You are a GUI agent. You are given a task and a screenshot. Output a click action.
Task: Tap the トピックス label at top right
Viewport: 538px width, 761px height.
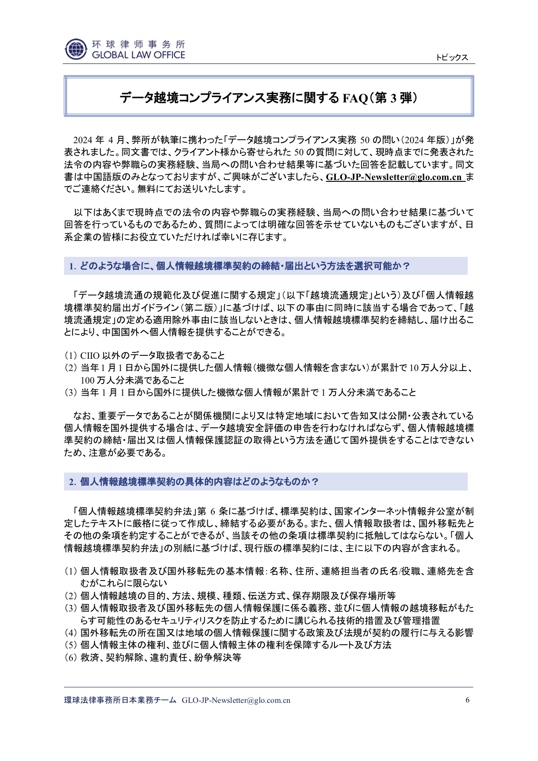click(452, 57)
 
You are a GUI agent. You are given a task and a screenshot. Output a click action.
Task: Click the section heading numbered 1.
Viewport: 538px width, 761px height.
click(239, 266)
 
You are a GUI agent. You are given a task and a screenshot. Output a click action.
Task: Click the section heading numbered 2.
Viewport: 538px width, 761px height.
click(194, 482)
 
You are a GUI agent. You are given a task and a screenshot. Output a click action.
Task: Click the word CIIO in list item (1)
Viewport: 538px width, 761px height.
click(90, 356)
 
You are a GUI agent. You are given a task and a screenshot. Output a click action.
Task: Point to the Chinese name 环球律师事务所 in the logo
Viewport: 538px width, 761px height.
click(138, 44)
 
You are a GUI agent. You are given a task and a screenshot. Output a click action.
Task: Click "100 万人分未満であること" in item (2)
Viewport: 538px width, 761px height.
click(132, 380)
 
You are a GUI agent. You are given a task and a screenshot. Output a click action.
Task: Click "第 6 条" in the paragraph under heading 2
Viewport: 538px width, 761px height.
click(262, 510)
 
